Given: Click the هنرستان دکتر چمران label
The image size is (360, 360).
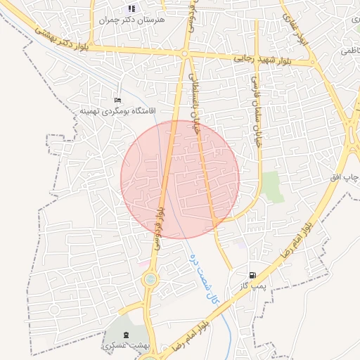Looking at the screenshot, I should (x=134, y=20).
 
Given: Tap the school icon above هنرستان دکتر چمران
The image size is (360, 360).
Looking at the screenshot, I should (x=131, y=8).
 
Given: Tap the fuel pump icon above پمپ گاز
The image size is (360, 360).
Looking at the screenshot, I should (x=252, y=275).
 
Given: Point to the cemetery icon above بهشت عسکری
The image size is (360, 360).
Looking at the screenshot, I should (x=126, y=334).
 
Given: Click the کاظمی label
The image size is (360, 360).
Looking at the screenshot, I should (x=349, y=51).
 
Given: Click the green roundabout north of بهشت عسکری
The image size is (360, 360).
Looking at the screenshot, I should (x=150, y=281).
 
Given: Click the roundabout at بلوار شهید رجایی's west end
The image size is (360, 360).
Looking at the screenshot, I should (x=184, y=54).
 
